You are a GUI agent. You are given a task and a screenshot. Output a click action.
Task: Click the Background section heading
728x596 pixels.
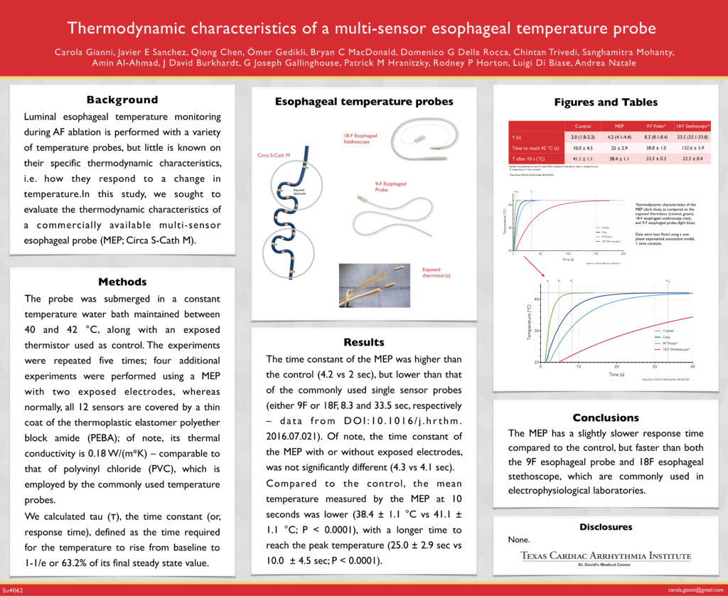point(122,100)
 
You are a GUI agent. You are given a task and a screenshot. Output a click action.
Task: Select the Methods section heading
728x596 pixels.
point(122,282)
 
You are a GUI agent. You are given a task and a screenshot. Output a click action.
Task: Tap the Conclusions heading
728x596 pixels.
point(606,417)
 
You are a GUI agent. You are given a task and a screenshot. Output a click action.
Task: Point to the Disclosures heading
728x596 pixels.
point(606,527)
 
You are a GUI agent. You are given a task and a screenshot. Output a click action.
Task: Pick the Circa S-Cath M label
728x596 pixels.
point(273,154)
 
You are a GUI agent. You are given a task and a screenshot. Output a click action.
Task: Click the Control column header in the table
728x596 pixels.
point(582,126)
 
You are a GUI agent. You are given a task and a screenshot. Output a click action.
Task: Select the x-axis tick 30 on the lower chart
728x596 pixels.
point(654,366)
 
